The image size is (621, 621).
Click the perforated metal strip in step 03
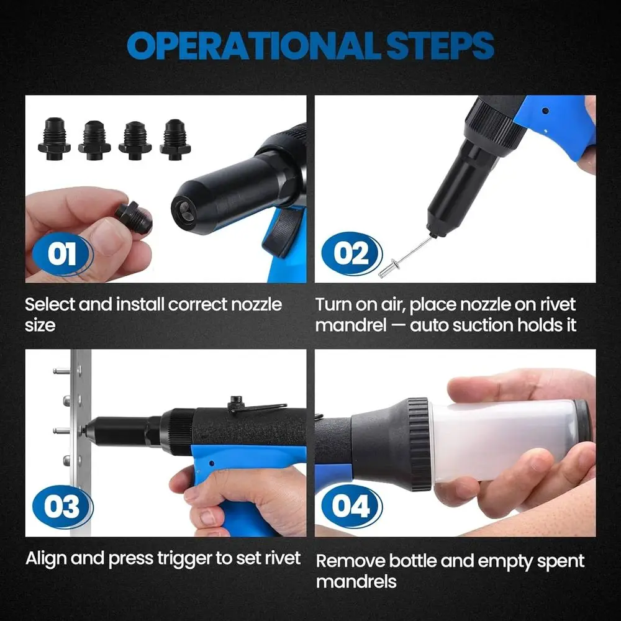pyautogui.click(x=81, y=435)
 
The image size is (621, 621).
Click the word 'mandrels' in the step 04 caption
pyautogui.click(x=356, y=582)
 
